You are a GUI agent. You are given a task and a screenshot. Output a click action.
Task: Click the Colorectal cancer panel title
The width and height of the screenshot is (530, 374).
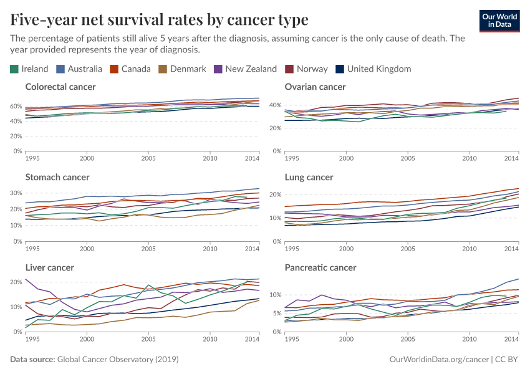[x=60, y=87]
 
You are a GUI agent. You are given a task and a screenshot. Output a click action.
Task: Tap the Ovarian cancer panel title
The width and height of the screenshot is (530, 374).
[x=315, y=87]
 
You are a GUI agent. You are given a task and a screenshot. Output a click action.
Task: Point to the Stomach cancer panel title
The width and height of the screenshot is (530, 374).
[x=57, y=177]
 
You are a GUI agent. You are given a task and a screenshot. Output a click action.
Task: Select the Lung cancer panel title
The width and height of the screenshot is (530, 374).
[x=309, y=177]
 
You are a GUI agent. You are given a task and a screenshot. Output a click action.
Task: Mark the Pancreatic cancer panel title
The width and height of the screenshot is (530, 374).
[x=320, y=267]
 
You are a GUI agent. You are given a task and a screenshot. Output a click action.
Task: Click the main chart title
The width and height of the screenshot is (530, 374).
[x=159, y=20]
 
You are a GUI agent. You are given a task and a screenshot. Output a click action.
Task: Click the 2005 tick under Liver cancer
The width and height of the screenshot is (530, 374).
[x=148, y=338]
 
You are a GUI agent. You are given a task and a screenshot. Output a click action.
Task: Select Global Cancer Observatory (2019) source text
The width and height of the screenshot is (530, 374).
[x=118, y=360]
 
